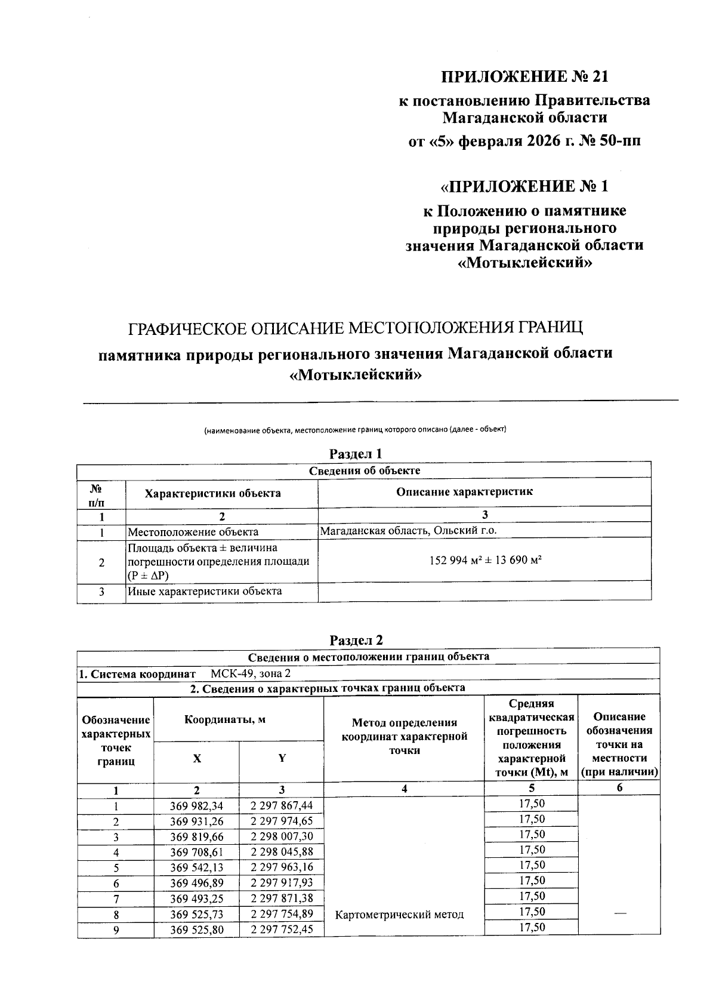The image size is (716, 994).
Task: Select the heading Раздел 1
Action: [x=356, y=454]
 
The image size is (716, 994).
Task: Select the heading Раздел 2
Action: [x=356, y=640]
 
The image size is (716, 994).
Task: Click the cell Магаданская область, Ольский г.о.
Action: [x=408, y=530]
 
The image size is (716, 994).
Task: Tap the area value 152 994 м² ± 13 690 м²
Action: [x=484, y=560]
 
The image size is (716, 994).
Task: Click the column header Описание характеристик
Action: [x=464, y=492]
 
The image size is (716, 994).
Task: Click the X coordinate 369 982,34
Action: [x=196, y=805]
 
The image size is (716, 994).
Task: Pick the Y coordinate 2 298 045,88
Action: [x=282, y=852]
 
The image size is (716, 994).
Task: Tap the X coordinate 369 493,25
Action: [x=196, y=898]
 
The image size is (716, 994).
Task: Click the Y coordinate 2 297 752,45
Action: [x=282, y=930]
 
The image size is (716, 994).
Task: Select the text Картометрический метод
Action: [x=400, y=914]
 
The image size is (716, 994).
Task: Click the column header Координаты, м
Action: [x=225, y=719]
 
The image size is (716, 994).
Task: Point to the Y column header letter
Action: [x=282, y=758]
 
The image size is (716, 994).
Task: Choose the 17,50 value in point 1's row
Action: [x=531, y=804]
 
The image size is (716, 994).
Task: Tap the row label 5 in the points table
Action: [x=116, y=868]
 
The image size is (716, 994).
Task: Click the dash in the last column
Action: [x=619, y=914]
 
